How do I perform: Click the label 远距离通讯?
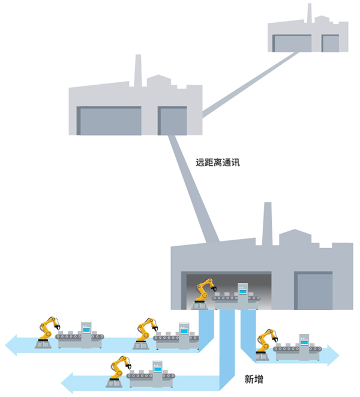tap(218, 162)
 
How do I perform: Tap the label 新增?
tap(254, 379)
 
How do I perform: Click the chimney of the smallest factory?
tap(309, 13)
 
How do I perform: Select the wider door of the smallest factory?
tap(292, 43)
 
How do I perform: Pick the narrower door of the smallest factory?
tap(330, 43)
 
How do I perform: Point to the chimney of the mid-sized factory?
tap(138, 70)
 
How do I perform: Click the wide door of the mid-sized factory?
tap(109, 121)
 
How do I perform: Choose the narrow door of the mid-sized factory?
tap(172, 121)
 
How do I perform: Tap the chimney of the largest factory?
tap(267, 223)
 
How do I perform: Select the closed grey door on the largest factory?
tap(313, 291)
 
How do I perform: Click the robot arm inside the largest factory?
tap(204, 293)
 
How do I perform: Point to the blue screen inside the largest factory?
tap(243, 291)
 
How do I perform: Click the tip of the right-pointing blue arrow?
tap(339, 356)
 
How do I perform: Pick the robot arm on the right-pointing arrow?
tap(266, 344)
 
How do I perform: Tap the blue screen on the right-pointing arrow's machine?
tap(304, 342)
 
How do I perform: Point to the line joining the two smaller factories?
tap(250, 85)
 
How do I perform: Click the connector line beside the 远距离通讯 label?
tap(194, 188)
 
